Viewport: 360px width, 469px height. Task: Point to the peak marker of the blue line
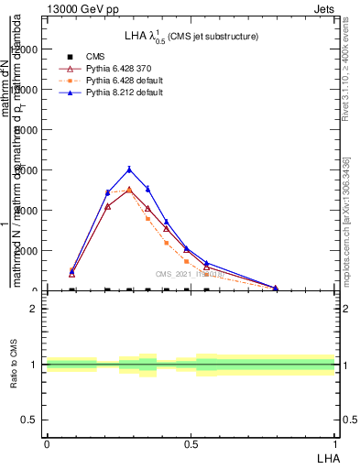click(129, 169)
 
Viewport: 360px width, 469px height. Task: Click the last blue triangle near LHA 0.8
click(275, 288)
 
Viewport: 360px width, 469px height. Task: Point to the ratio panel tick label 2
click(33, 309)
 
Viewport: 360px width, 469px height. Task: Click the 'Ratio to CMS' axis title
click(14, 365)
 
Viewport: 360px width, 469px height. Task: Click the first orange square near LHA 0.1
click(71, 269)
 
